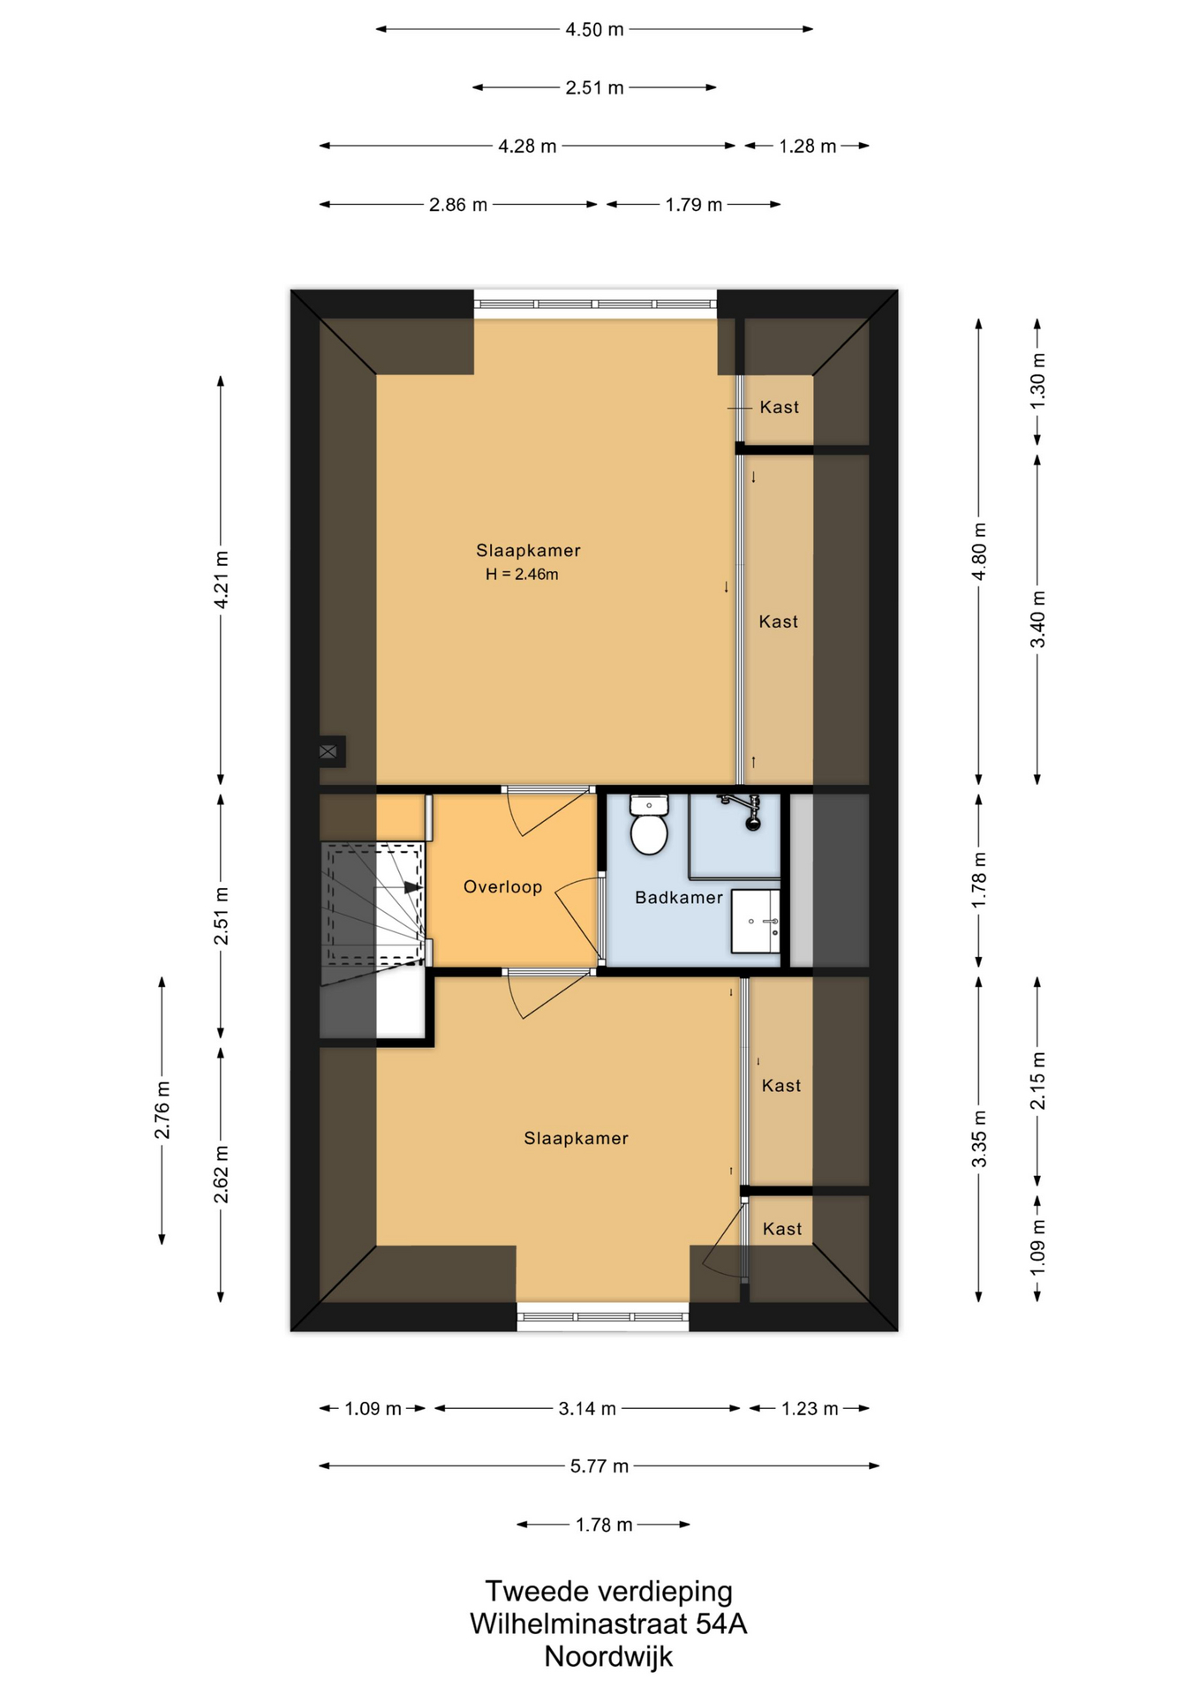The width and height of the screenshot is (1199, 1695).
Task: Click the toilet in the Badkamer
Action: click(x=649, y=825)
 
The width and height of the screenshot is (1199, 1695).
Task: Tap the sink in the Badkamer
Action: click(x=756, y=922)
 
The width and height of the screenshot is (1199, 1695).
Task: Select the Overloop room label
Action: click(x=502, y=887)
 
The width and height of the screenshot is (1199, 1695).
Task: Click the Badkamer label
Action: click(x=679, y=898)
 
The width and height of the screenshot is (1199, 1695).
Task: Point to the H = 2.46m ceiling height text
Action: click(x=522, y=575)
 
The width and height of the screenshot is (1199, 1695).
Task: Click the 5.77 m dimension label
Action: click(x=599, y=1466)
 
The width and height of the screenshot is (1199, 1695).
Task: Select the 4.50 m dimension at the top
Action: click(x=594, y=29)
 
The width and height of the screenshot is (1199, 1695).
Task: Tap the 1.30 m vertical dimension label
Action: click(x=1037, y=380)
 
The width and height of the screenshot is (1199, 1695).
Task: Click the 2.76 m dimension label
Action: click(x=162, y=1110)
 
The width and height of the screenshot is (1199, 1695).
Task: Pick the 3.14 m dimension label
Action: click(x=587, y=1408)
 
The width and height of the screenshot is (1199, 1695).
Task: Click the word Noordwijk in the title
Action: click(x=608, y=1656)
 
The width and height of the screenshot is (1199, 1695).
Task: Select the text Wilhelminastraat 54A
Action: click(x=608, y=1623)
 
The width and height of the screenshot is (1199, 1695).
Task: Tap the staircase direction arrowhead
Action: click(x=412, y=887)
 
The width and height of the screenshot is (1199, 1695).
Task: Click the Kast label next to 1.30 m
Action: click(x=780, y=407)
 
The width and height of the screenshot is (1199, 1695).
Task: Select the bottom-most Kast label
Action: click(x=782, y=1229)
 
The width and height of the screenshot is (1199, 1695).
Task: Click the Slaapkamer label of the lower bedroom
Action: click(x=577, y=1139)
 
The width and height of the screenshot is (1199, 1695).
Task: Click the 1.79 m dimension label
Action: click(x=694, y=205)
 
